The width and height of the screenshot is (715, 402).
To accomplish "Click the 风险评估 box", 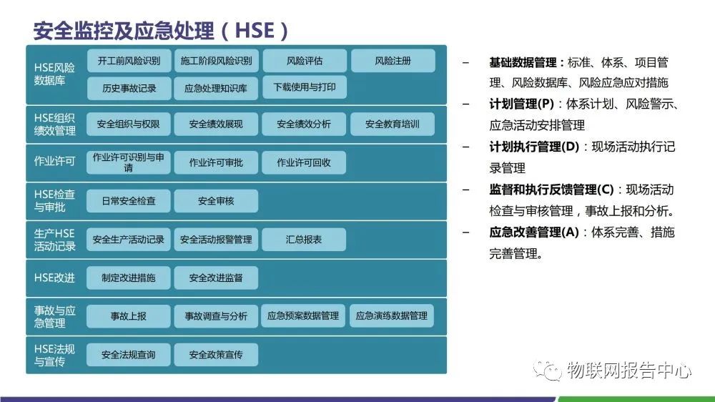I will coord(305,62).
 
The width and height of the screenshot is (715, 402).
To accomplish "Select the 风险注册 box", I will coord(393,62).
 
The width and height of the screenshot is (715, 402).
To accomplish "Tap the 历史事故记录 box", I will coord(129,89).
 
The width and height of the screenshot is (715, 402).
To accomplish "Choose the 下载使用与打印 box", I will coord(305,87).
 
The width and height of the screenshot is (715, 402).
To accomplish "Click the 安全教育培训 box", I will coord(393,124).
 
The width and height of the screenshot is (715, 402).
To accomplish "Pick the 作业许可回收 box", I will coord(304,162).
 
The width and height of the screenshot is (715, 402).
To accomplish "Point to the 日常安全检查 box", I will coord(129,201).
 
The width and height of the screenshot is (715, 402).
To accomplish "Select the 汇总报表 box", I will coord(304,240).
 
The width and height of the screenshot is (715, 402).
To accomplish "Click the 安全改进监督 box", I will coord(216,278).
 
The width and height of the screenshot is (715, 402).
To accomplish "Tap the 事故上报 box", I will coord(129,316).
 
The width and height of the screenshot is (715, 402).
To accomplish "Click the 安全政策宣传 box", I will coord(216,355).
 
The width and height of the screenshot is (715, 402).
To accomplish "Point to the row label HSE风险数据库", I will coord(54,74).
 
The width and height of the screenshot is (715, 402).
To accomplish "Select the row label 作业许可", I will coord(54,162).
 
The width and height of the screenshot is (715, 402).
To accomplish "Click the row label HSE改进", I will coord(54,278).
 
